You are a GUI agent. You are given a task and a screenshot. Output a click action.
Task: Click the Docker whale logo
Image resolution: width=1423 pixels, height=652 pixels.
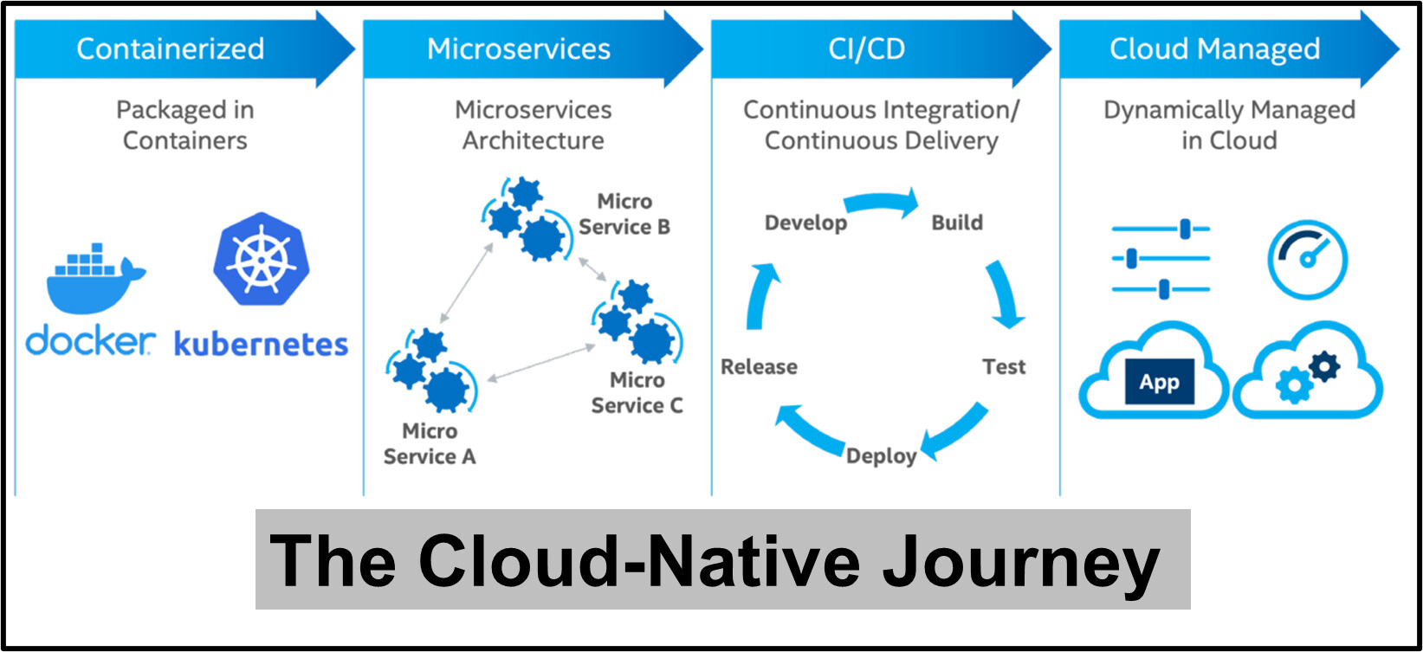click(95, 279)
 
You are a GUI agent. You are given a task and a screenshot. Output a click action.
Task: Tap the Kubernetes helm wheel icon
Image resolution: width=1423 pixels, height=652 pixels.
click(261, 259)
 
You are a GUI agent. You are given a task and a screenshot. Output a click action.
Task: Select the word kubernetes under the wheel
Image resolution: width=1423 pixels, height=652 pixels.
click(261, 345)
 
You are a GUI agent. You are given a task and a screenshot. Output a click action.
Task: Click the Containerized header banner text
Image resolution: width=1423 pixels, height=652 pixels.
click(171, 48)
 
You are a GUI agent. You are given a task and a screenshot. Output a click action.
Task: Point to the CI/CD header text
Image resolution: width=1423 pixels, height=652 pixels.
click(866, 48)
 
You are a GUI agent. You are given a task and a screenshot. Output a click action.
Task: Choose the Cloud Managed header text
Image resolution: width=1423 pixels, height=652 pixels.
click(1214, 49)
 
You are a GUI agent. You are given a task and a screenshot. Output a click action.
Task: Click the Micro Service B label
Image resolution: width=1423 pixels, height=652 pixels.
click(624, 214)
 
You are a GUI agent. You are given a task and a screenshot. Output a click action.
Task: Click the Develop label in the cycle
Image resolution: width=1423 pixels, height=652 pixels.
click(805, 223)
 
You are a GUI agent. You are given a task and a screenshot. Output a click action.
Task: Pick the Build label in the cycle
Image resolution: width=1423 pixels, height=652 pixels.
click(957, 223)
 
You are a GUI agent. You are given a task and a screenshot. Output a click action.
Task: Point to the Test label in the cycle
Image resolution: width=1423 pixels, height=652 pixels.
click(1004, 367)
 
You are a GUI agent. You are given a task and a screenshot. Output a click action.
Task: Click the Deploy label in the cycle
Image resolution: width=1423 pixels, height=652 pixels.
click(881, 456)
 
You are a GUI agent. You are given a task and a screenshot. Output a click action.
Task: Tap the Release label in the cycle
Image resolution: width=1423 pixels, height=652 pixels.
click(759, 367)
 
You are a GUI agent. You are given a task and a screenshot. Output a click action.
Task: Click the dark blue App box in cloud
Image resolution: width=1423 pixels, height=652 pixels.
click(1160, 382)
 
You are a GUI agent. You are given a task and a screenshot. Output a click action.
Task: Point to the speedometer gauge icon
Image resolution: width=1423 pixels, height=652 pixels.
click(1308, 260)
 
